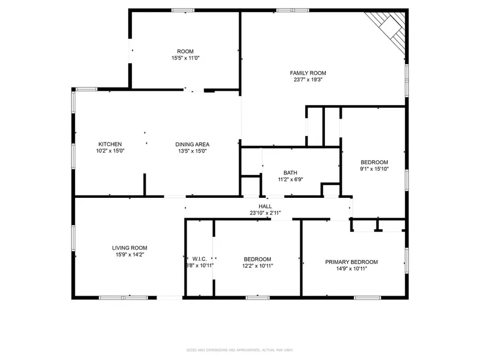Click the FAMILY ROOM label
pos(308,73)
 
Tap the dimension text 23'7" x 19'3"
pos(308,80)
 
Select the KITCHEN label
pos(110,144)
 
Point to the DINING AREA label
pos(192,144)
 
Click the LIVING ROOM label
pos(129,247)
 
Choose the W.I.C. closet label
pos(199,259)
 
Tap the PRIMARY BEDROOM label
pos(351,262)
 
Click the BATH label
pos(290,173)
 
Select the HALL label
pos(265,206)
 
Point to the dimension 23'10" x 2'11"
pos(265,213)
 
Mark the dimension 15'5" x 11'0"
pos(185,58)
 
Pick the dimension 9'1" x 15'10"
pos(374,169)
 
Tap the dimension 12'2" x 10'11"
pos(258,266)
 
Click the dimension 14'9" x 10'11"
pos(351,269)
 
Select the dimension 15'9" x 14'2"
pos(129,254)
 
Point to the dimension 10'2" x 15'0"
pos(110,151)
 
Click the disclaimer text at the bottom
pos(240,350)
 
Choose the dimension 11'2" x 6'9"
pos(290,180)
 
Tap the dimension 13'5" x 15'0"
pos(192,151)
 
